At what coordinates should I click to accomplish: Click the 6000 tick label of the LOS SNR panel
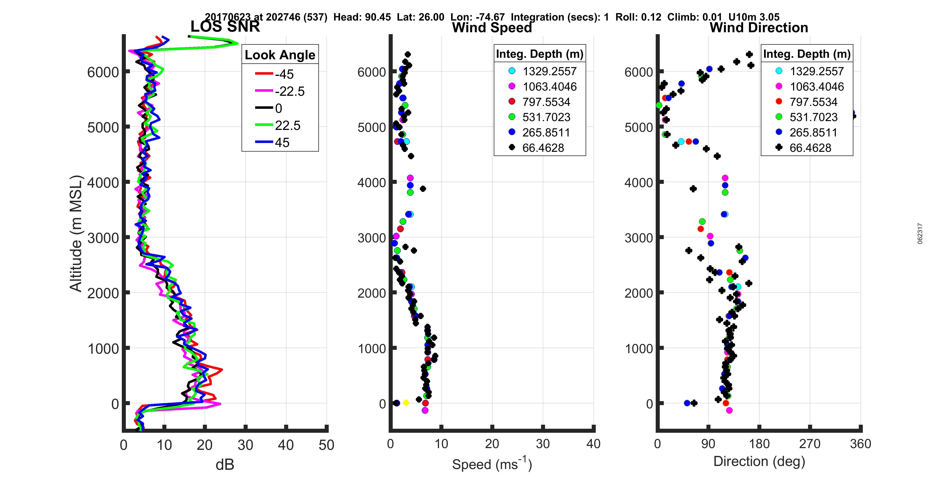click(103, 72)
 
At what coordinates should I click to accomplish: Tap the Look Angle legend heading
click(280, 55)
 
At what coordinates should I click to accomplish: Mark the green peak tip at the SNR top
click(237, 44)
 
